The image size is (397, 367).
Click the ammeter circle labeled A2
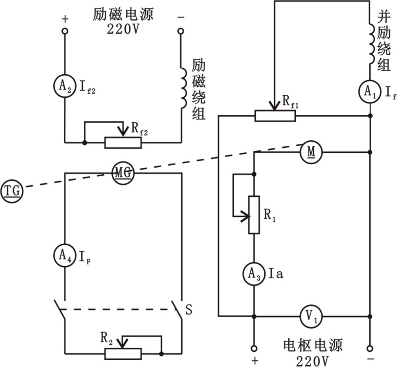click(64, 86)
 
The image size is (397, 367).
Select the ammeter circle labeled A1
click(370, 92)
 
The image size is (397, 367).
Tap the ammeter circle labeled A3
click(254, 274)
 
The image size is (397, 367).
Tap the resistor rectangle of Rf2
click(123, 143)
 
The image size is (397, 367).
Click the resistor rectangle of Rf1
click(275, 116)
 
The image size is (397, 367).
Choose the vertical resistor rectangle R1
click(254, 215)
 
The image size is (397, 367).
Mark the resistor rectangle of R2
click(123, 353)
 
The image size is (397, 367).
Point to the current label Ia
click(276, 274)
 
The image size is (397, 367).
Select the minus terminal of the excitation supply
click(181, 31)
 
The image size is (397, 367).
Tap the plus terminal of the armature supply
click(254, 348)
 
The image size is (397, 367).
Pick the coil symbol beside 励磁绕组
click(183, 88)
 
